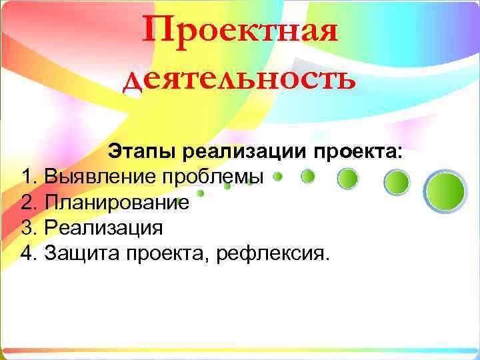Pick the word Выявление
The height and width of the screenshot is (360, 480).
click(x=98, y=177)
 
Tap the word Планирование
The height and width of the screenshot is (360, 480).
click(x=117, y=202)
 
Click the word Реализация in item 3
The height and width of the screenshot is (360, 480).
click(x=103, y=227)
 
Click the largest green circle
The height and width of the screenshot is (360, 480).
click(x=445, y=191)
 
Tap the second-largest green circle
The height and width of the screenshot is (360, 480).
click(x=398, y=181)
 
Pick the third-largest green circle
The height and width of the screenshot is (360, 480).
click(x=347, y=178)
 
